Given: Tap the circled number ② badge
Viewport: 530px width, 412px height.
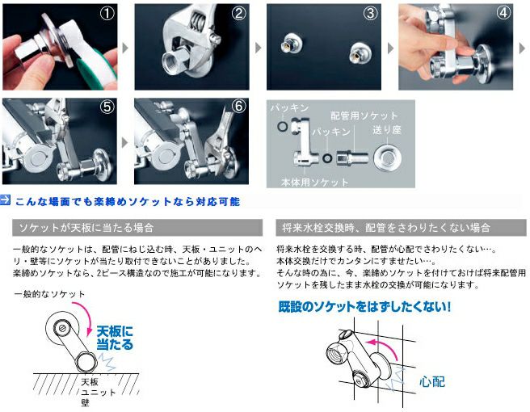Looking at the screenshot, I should pos(238,14).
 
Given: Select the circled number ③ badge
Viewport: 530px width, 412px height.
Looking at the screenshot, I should pos(370,14).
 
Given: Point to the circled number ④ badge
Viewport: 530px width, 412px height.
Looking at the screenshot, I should pos(503,14).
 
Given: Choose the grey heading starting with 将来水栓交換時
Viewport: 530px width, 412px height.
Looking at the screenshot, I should pos(397,228).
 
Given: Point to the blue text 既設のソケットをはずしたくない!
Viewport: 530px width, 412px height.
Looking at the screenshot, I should pos(364,307).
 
